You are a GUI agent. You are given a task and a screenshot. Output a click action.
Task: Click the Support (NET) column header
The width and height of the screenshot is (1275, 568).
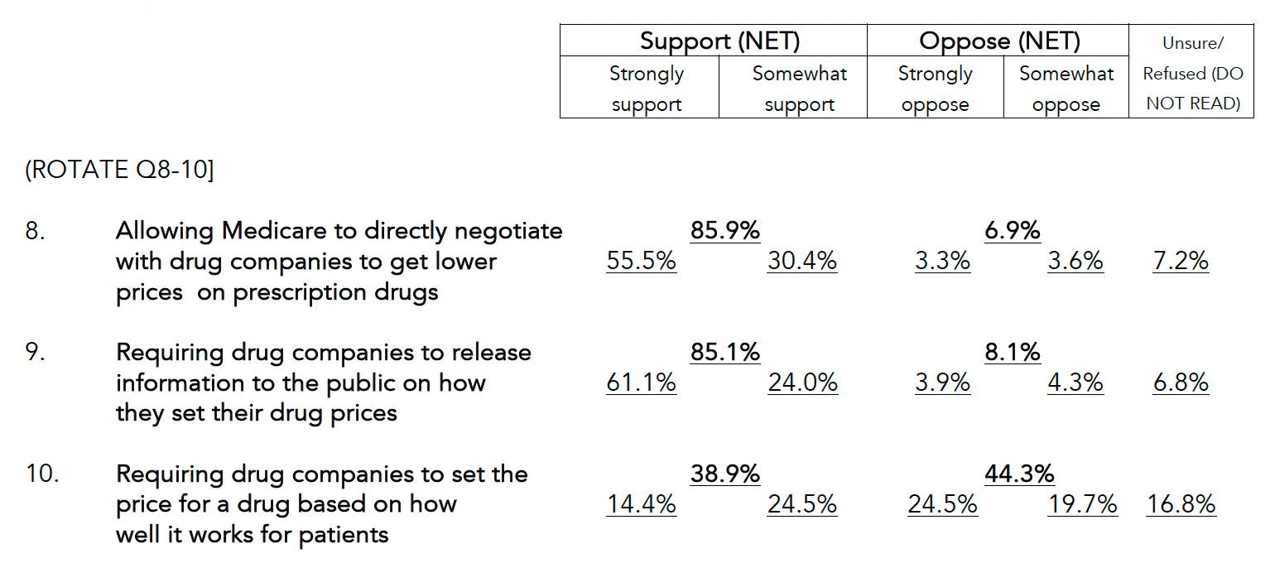[719, 41]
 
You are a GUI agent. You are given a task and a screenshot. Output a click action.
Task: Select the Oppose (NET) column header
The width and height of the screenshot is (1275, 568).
[999, 41]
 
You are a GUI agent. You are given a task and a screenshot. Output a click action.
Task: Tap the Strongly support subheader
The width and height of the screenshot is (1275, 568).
[646, 89]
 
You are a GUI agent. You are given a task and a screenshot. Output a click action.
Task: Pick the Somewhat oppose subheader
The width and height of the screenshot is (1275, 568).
[1066, 89]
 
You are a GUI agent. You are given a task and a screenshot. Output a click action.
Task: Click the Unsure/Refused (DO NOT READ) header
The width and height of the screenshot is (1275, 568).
[1192, 73]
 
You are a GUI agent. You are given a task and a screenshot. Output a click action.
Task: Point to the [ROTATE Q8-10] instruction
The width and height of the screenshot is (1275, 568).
[119, 171]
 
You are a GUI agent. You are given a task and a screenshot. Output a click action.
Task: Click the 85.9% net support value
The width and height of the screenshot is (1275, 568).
[725, 230]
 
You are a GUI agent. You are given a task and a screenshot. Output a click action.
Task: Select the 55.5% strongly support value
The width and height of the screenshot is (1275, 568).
[642, 261]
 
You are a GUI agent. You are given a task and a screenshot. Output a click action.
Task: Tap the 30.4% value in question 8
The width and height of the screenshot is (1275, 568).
[802, 261]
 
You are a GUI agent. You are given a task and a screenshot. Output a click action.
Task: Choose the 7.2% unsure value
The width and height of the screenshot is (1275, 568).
[1181, 261]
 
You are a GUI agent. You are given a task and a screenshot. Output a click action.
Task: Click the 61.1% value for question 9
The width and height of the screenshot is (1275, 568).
[642, 383]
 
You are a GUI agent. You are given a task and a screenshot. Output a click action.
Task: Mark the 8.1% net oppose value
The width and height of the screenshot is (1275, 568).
[1012, 352]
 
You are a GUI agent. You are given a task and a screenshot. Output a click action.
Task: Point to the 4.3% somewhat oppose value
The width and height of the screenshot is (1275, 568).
[1075, 383]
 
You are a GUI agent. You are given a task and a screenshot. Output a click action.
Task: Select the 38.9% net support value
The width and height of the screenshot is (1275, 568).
[725, 474]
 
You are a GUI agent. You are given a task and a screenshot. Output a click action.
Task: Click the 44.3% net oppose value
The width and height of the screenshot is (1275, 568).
[1019, 474]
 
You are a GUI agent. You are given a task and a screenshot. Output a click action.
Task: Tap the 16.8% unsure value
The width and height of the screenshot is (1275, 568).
[1181, 504]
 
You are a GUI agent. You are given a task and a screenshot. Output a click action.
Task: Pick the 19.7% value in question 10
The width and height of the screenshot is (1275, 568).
[1082, 504]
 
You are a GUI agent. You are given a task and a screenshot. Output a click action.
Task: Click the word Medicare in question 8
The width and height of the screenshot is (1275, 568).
[269, 230]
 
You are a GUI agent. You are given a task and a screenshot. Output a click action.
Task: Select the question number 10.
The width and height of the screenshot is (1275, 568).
[41, 474]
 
